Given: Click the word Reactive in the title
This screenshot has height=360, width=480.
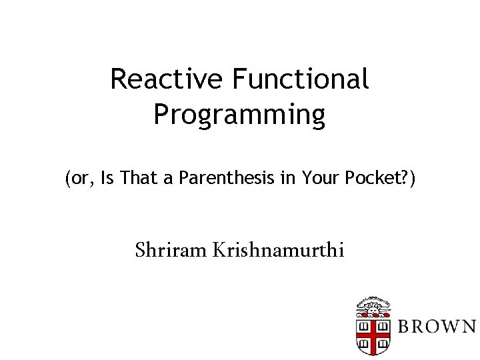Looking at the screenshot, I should pyautogui.click(x=167, y=79).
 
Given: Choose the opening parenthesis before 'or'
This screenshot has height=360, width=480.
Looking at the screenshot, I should pyautogui.click(x=67, y=179).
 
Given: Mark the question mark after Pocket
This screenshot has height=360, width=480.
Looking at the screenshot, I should pyautogui.click(x=403, y=179).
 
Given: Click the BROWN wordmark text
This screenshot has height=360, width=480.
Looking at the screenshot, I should pyautogui.click(x=437, y=327).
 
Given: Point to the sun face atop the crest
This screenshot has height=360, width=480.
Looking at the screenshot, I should pyautogui.click(x=373, y=309).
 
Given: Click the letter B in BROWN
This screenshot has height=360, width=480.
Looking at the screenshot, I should pyautogui.click(x=405, y=327).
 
